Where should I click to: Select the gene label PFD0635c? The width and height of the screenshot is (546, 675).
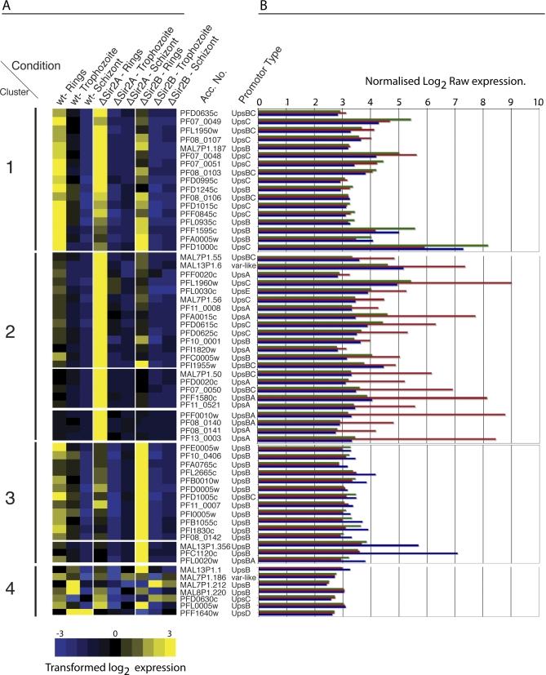pyautogui.click(x=198, y=113)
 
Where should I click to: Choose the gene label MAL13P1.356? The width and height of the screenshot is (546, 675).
pyautogui.click(x=202, y=545)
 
